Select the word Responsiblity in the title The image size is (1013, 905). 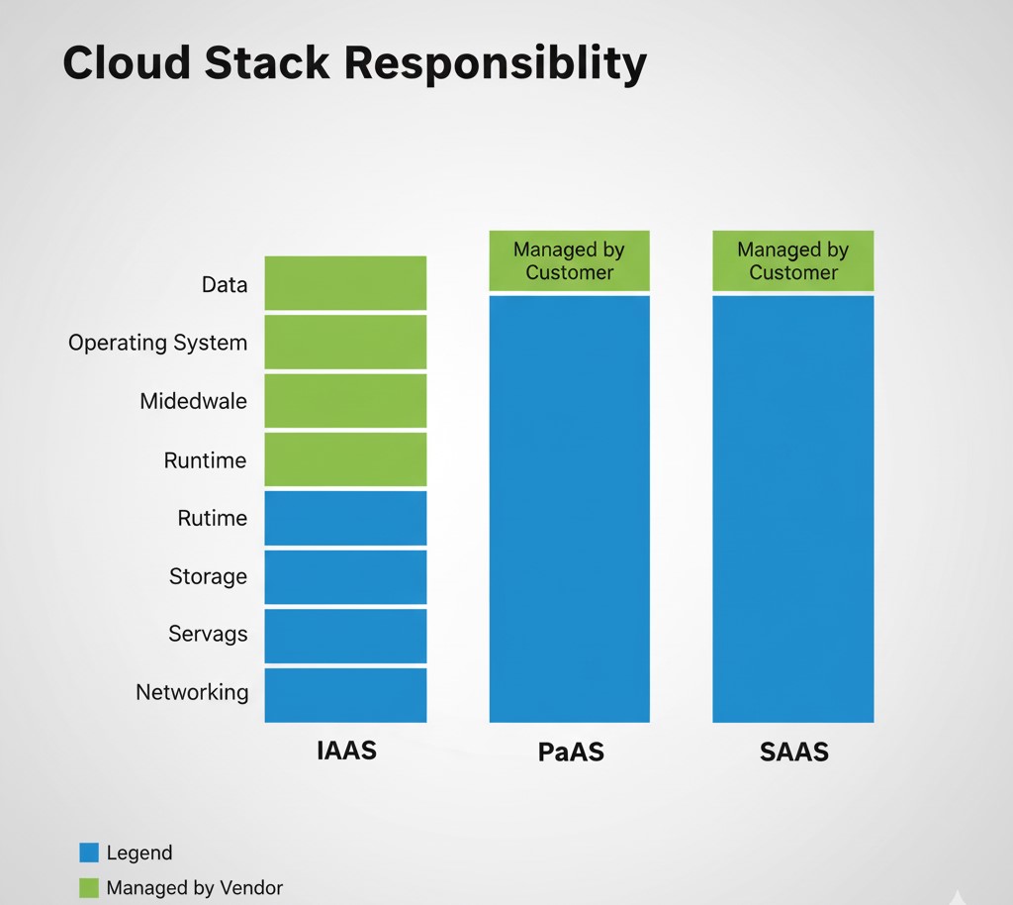[x=497, y=64]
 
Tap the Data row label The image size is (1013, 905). [x=225, y=285]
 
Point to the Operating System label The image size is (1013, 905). [x=157, y=344]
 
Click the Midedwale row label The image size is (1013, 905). [x=193, y=402]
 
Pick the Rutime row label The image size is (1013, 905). [x=212, y=519]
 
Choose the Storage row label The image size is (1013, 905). [x=208, y=576]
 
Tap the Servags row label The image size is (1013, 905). [x=208, y=634]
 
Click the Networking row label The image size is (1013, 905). [x=192, y=692]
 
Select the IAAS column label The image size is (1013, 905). [x=346, y=751]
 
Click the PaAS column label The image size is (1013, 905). [x=570, y=753]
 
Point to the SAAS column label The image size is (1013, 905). [x=793, y=753]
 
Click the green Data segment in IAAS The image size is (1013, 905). [x=345, y=283]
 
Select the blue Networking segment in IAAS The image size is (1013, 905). [x=345, y=695]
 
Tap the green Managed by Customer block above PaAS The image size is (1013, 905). [x=570, y=261]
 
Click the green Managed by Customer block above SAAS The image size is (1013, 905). [x=793, y=261]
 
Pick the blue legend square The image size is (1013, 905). [x=89, y=853]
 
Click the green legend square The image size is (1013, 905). [x=89, y=888]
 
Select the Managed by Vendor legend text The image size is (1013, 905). [x=194, y=888]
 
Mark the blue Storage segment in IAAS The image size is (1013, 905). [x=345, y=576]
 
